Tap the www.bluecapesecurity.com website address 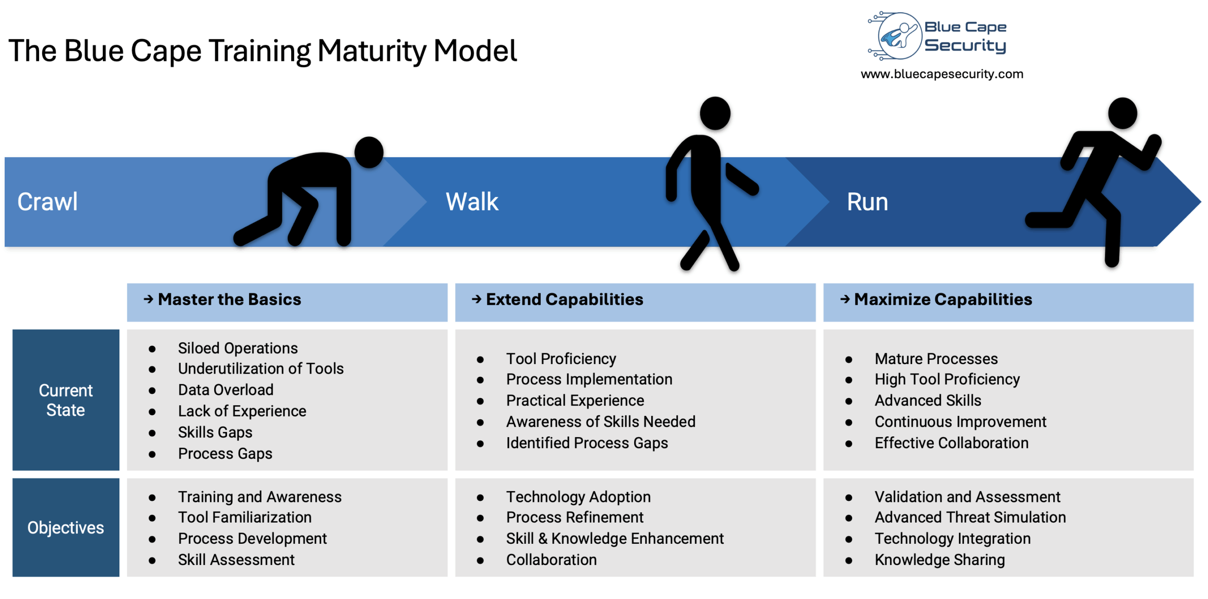click(941, 74)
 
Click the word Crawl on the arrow click(47, 202)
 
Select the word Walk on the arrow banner click(471, 202)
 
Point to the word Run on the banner click(867, 202)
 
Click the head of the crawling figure click(369, 152)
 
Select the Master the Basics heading click(229, 299)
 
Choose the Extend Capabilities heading click(564, 299)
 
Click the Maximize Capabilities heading click(942, 299)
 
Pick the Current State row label click(66, 400)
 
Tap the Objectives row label click(66, 527)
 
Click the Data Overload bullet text click(226, 390)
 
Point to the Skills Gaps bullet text click(215, 432)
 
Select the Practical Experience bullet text click(575, 400)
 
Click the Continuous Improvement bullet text click(960, 422)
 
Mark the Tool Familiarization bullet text click(244, 517)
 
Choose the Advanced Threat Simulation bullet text click(970, 517)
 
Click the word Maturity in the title click(371, 51)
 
